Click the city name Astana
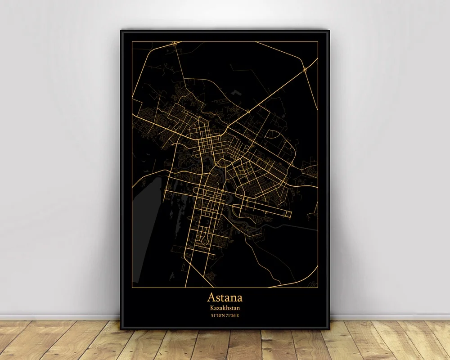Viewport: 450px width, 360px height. click(x=225, y=297)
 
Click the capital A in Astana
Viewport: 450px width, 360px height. click(x=211, y=297)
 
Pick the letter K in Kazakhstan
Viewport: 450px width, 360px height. click(x=211, y=308)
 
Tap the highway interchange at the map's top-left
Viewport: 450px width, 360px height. click(x=174, y=44)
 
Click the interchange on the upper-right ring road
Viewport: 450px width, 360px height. click(x=306, y=69)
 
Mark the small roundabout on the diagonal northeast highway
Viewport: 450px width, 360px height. click(x=248, y=111)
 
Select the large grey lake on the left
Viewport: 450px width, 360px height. click(x=149, y=198)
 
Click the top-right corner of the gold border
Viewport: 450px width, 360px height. click(x=318, y=41)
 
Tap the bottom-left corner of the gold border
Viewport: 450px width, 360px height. click(x=132, y=287)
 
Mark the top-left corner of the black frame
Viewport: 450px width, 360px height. click(x=121, y=30)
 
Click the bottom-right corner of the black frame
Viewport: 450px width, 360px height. click(x=330, y=328)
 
